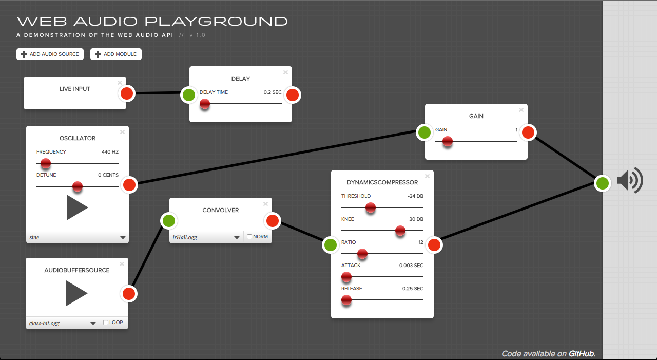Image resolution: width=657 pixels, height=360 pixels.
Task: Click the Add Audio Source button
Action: pos(50,54)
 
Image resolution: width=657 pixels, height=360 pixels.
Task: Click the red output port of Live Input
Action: pos(127,93)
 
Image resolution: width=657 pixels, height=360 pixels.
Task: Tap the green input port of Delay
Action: pos(189,94)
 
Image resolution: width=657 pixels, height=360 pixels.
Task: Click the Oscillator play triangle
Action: pos(77,207)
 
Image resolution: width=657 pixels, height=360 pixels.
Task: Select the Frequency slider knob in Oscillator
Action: pos(46,163)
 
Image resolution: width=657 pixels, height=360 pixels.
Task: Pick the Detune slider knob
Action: pos(78,186)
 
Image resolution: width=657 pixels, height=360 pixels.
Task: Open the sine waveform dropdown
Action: pos(77,238)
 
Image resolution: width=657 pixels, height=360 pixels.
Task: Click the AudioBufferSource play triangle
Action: pos(76,293)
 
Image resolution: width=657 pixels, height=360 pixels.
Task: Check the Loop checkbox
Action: pos(106,323)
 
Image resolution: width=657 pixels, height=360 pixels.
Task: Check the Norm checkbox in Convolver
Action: pos(249,237)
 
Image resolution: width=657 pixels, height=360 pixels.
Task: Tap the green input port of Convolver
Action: pos(169,221)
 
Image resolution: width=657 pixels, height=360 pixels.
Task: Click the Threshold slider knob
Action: pos(371,207)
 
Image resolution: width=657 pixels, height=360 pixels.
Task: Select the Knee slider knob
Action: pos(400,231)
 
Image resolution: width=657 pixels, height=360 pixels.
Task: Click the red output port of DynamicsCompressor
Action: pos(434,245)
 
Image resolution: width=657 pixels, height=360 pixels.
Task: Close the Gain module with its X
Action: pos(521,110)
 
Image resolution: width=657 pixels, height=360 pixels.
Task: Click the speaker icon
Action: pos(630,181)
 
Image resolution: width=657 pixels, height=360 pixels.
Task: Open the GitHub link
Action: pos(582,353)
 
